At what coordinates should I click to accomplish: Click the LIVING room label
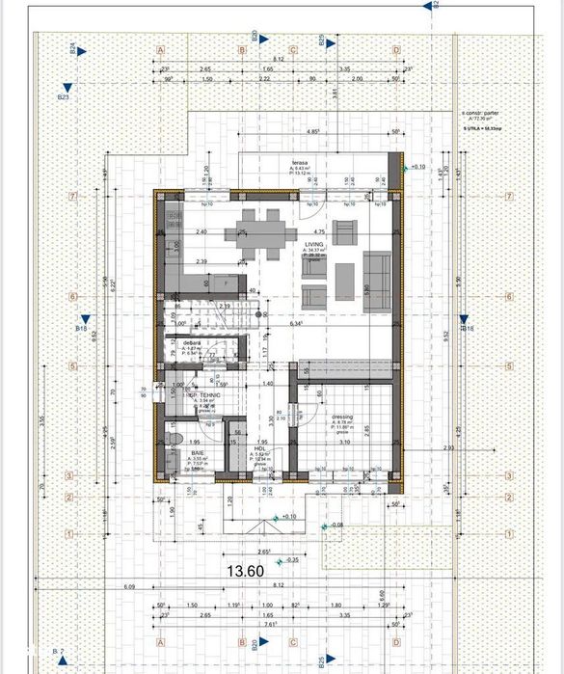click(314, 245)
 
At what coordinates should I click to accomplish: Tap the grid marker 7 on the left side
click(71, 196)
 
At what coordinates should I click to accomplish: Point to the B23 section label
click(64, 97)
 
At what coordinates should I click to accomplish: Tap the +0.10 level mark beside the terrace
click(417, 167)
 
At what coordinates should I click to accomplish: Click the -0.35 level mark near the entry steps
click(289, 559)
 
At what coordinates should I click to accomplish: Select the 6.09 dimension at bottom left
click(129, 585)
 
